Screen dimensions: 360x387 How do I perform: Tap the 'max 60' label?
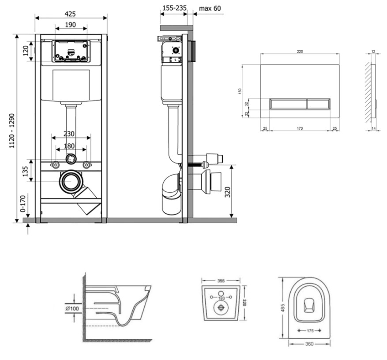210,8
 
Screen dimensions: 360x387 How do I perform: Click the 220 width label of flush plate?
300,52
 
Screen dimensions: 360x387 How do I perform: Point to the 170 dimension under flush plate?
300,129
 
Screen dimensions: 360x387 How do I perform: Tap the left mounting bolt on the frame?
56,165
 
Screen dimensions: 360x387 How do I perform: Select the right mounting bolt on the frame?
87,165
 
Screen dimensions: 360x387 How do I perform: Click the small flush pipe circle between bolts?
71,159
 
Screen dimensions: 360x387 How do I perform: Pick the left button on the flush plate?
287,104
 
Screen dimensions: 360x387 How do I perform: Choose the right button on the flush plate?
318,104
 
